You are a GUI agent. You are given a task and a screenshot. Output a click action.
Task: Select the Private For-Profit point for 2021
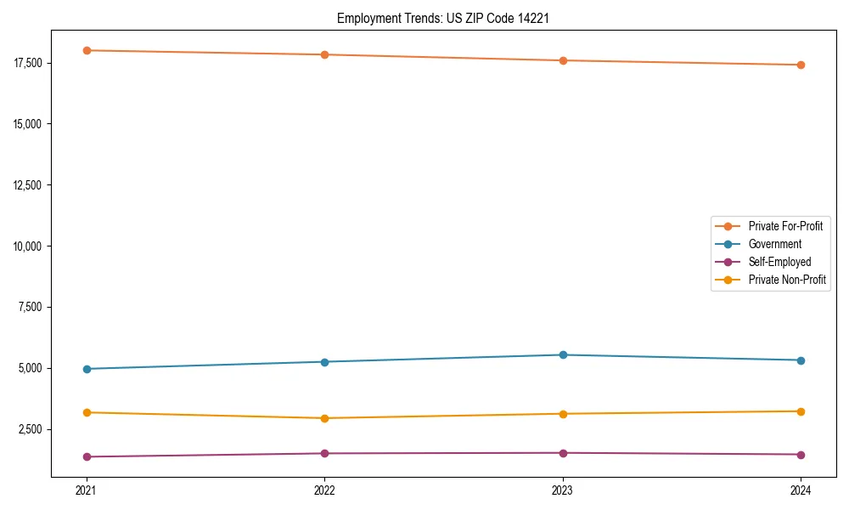click(x=87, y=50)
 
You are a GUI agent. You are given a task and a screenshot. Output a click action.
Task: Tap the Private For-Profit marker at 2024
click(x=801, y=65)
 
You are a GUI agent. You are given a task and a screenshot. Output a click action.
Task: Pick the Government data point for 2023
click(x=563, y=354)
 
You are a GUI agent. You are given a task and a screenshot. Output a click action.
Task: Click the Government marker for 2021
click(x=87, y=369)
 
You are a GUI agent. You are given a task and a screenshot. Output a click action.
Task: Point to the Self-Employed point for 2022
click(x=324, y=453)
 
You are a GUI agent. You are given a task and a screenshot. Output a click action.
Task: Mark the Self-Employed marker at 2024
click(x=801, y=454)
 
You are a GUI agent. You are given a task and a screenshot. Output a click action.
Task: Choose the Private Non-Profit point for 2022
click(x=324, y=418)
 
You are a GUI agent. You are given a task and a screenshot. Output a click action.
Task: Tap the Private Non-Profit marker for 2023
click(x=563, y=414)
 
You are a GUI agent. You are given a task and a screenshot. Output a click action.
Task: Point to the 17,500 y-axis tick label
click(x=31, y=63)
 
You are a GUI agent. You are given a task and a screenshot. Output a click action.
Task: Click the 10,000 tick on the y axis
click(x=31, y=246)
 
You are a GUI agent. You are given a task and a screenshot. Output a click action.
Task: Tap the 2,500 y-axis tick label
click(x=34, y=429)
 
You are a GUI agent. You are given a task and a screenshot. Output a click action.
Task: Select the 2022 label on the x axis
click(x=324, y=490)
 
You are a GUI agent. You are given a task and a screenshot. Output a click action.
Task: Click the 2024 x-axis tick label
click(x=801, y=490)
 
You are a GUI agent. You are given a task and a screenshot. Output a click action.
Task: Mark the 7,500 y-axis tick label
click(x=34, y=307)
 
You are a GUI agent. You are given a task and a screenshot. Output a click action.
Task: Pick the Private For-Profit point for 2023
click(x=563, y=60)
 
